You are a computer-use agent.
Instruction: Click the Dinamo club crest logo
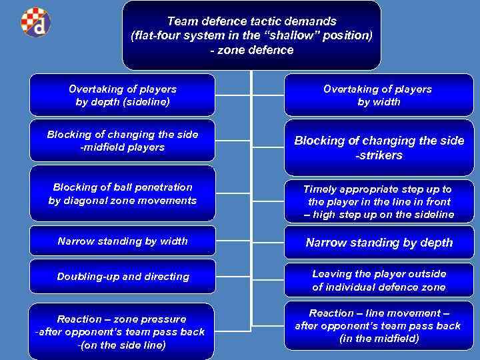35,22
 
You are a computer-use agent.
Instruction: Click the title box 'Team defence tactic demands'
251,35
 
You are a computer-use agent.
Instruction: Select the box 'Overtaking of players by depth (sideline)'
123,95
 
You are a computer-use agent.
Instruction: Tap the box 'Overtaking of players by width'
377,95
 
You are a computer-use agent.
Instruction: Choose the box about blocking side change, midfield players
123,141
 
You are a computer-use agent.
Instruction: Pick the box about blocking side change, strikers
379,147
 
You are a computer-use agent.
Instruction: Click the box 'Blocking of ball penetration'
123,194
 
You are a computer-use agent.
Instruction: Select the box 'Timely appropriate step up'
379,201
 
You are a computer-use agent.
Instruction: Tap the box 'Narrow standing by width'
123,241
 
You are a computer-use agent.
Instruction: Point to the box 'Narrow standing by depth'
379,243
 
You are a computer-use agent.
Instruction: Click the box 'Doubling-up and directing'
123,276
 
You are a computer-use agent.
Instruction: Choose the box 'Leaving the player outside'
379,281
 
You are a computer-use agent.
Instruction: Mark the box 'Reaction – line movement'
378,326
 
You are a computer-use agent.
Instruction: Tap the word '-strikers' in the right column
379,155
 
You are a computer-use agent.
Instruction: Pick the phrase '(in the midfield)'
379,339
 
